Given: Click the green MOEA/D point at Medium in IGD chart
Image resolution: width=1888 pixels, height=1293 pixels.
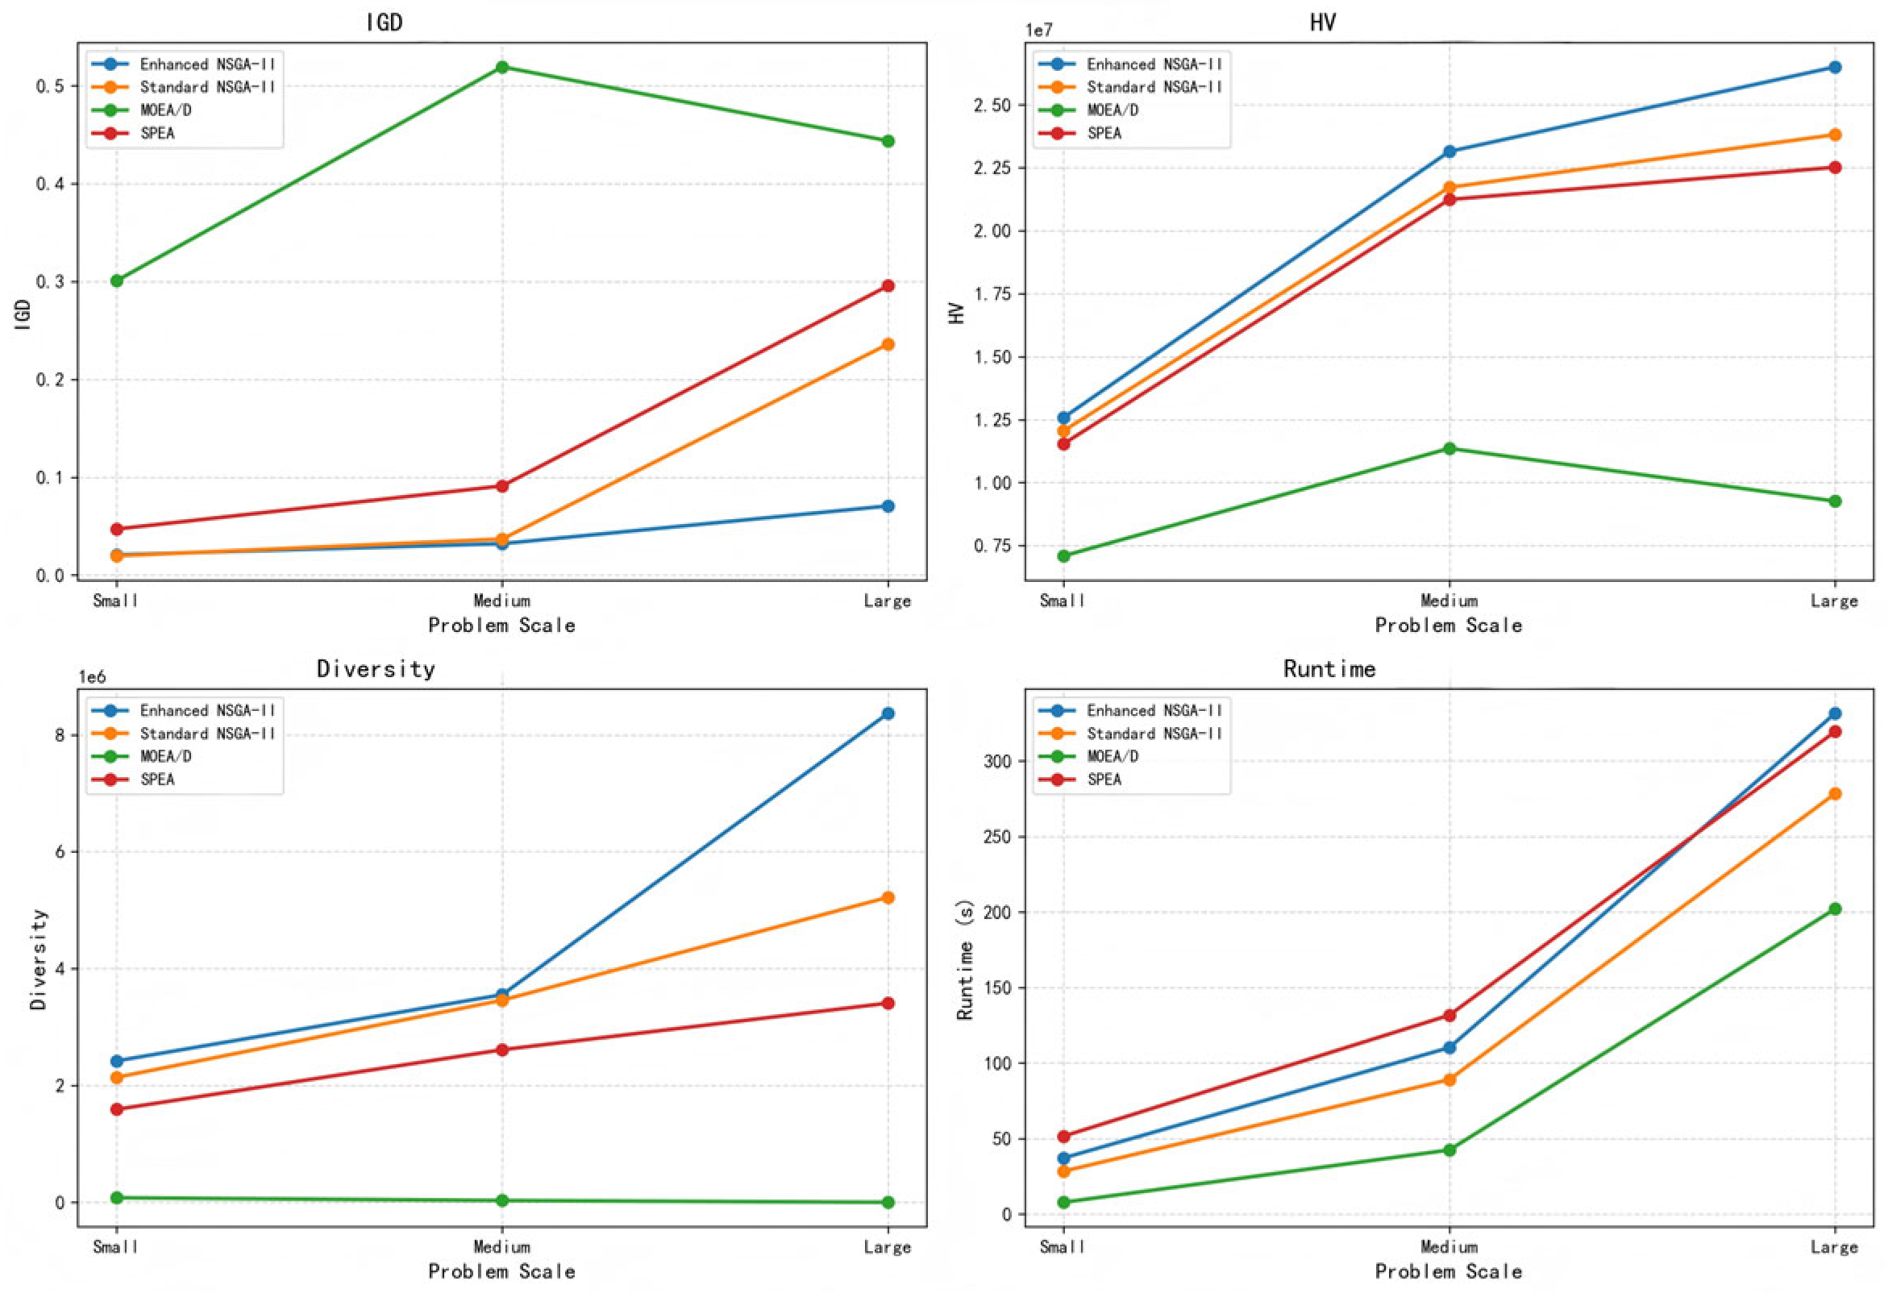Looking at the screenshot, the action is pos(502,68).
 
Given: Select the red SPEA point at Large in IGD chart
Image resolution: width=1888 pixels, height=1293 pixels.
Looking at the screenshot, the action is pos(888,286).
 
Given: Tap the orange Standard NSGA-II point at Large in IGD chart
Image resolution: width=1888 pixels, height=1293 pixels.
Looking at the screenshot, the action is pos(888,344).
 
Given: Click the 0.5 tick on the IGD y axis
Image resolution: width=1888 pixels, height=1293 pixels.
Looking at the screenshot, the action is pos(50,86).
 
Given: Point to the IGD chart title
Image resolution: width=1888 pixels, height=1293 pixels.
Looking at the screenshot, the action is pos(385,22).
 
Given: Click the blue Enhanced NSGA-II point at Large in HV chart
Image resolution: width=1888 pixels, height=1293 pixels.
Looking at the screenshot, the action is pos(1834,68).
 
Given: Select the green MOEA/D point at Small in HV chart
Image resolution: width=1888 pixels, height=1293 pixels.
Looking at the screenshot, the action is pos(1063,556).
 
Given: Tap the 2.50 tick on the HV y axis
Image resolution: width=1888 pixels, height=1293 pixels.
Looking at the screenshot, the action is pos(992,106).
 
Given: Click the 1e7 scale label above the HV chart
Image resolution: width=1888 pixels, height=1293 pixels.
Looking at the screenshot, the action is pos(1038,30).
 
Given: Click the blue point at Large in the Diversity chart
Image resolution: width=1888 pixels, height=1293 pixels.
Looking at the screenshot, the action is pos(888,713).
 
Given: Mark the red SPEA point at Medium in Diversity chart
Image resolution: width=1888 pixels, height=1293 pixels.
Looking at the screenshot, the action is pos(502,1050).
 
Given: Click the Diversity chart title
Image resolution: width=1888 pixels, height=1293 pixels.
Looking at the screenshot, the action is pos(376,668).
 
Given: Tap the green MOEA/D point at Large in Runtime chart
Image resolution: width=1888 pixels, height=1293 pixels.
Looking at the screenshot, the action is pos(1834,908).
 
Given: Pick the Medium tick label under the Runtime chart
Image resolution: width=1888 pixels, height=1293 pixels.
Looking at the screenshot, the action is pos(1449,1247).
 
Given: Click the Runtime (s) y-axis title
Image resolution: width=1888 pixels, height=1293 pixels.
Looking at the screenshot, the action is pos(965,960).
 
